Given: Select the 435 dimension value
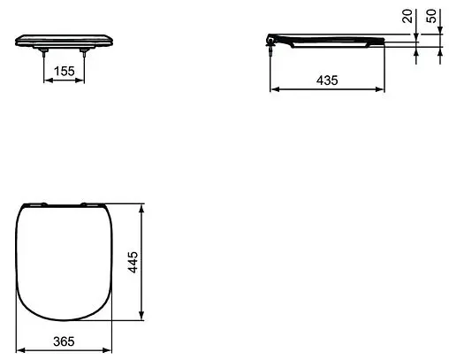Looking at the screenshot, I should coord(326,80).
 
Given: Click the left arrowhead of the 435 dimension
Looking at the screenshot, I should coord(272,88).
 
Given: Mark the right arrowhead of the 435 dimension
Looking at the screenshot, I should coord(382,88).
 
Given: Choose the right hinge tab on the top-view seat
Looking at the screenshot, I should coord(91,205).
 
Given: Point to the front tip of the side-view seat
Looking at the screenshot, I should coord(384,41).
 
